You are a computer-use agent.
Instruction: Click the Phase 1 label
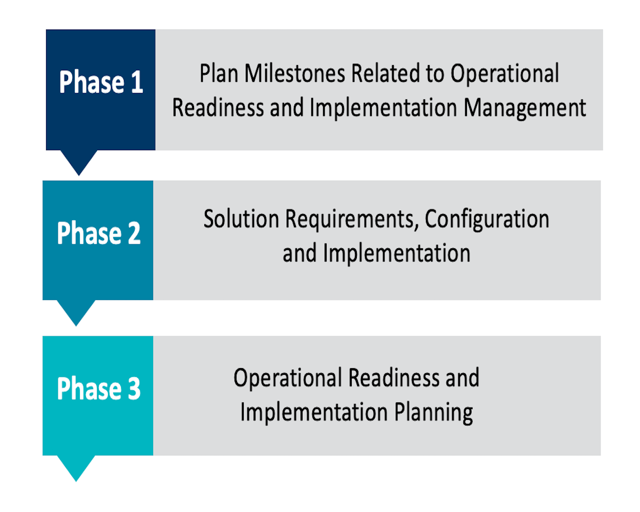101,82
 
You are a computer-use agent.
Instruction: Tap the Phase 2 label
99,233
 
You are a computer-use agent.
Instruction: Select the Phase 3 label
99,389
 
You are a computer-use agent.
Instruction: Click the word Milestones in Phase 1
295,73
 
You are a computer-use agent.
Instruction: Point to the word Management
525,108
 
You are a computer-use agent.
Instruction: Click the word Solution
241,219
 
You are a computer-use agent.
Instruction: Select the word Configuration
487,220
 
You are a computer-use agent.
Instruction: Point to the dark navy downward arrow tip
79,176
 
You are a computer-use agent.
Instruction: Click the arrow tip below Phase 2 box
76,326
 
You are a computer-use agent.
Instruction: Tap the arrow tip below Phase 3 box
76,481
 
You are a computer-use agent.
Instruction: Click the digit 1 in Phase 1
137,82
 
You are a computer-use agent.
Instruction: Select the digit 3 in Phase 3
134,389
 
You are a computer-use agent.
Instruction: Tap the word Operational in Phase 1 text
505,74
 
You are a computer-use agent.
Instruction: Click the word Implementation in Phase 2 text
397,254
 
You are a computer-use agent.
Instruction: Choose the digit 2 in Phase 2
134,233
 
